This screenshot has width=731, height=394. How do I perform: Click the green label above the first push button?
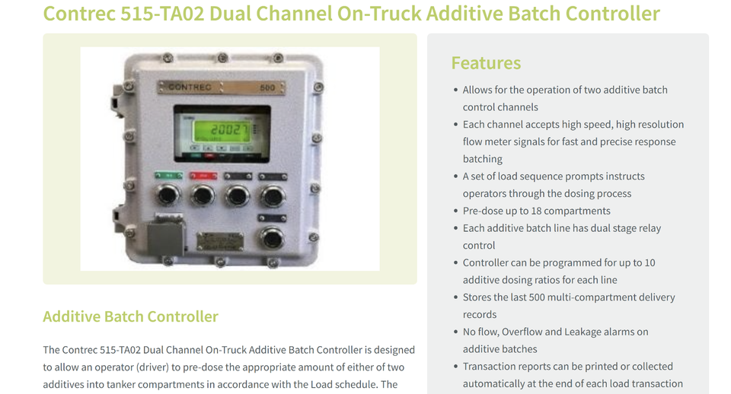click(168, 175)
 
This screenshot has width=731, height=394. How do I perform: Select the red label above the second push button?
click(203, 175)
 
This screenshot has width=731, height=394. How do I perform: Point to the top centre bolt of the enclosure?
click(222, 58)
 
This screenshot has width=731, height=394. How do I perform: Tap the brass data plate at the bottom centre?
click(219, 242)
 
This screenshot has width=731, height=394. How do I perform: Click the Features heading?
click(486, 63)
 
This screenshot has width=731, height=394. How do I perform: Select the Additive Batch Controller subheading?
click(130, 316)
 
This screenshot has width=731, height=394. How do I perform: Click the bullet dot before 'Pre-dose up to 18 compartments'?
click(455, 211)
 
